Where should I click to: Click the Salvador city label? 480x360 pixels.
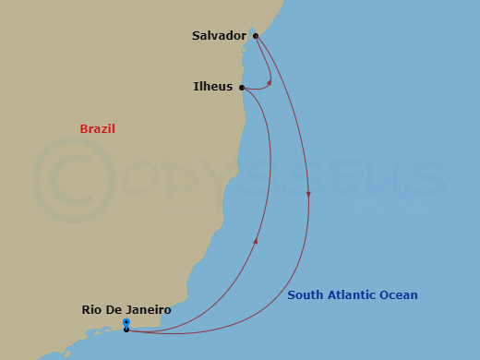tap(219, 36)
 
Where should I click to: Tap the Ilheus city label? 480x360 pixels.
tap(212, 88)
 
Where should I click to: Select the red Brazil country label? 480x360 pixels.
tap(97, 129)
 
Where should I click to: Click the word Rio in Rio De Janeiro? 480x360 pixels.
tap(93, 310)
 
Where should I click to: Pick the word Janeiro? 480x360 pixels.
tap(149, 310)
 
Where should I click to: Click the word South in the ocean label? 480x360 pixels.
tap(305, 295)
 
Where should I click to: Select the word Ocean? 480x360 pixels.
tap(399, 295)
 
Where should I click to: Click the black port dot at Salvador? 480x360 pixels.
tap(256, 37)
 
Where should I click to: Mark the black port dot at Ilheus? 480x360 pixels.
tap(242, 89)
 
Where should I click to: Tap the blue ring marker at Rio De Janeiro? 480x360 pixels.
tap(126, 322)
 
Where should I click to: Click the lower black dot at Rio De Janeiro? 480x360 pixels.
tap(126, 330)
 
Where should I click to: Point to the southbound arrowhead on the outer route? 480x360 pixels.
tap(308, 194)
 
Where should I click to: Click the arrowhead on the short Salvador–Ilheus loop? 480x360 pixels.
tap(269, 82)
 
